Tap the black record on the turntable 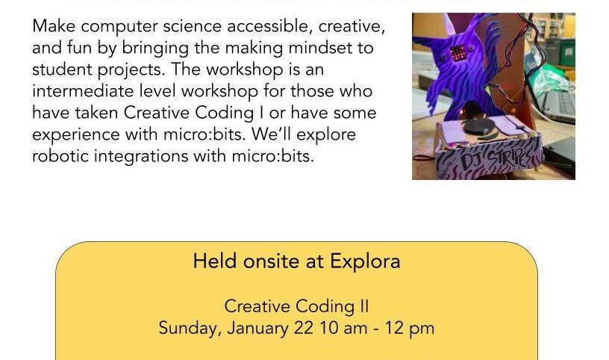(480, 125)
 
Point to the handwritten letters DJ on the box (470, 161)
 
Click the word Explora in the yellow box (365, 261)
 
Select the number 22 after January (303, 328)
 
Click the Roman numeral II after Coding (364, 306)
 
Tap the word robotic (60, 156)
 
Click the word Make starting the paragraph (54, 26)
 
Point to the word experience (76, 135)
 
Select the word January (258, 329)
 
